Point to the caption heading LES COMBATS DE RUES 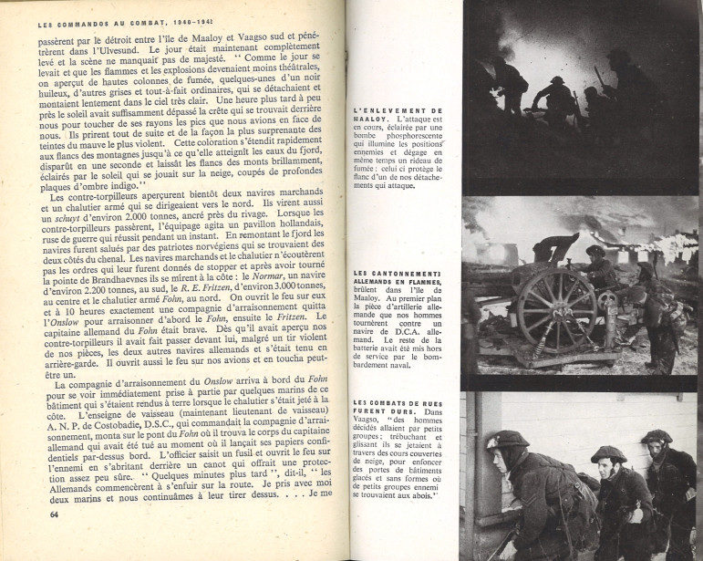(x=396, y=404)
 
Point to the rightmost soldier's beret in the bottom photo (x=655, y=437)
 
